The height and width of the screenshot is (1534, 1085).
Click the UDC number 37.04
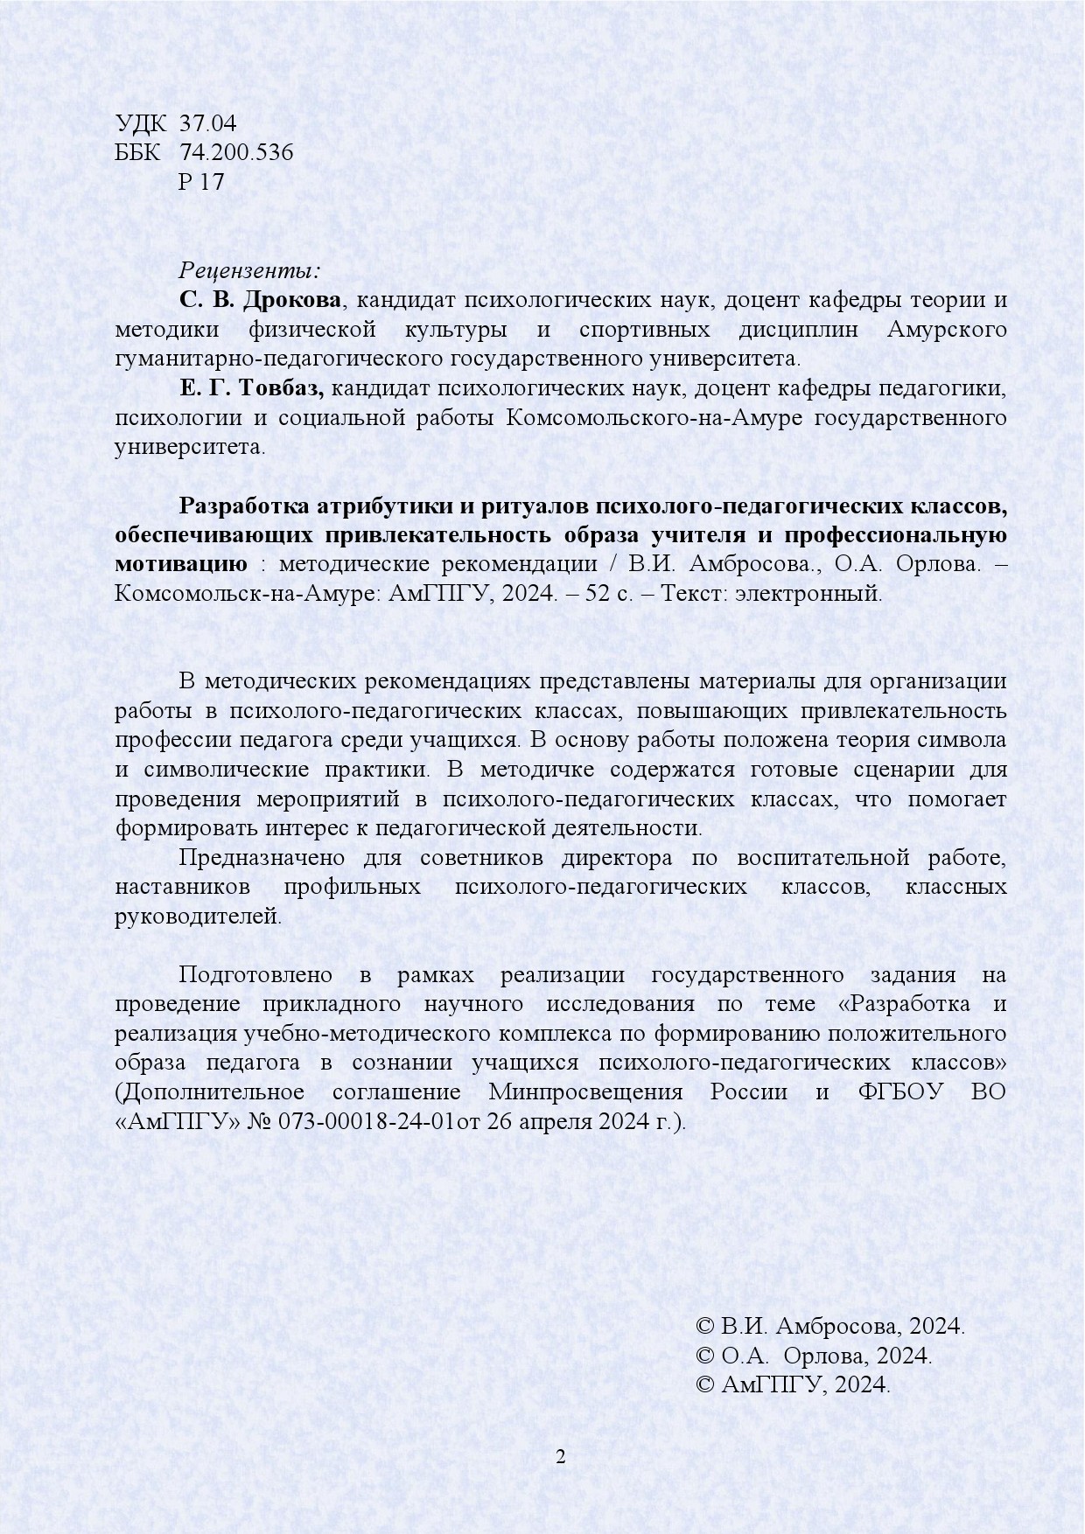(207, 122)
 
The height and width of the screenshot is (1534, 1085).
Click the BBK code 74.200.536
(236, 152)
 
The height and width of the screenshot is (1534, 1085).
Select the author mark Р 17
(201, 182)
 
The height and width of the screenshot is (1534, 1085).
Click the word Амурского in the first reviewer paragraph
(946, 330)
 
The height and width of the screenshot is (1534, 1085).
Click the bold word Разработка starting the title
(240, 506)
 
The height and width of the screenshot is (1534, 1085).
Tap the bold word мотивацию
(181, 564)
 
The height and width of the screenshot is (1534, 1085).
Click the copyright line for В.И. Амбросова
(829, 1326)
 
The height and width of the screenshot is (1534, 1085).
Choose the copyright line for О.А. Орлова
(813, 1356)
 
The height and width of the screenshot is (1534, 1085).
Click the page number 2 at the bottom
(561, 1456)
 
